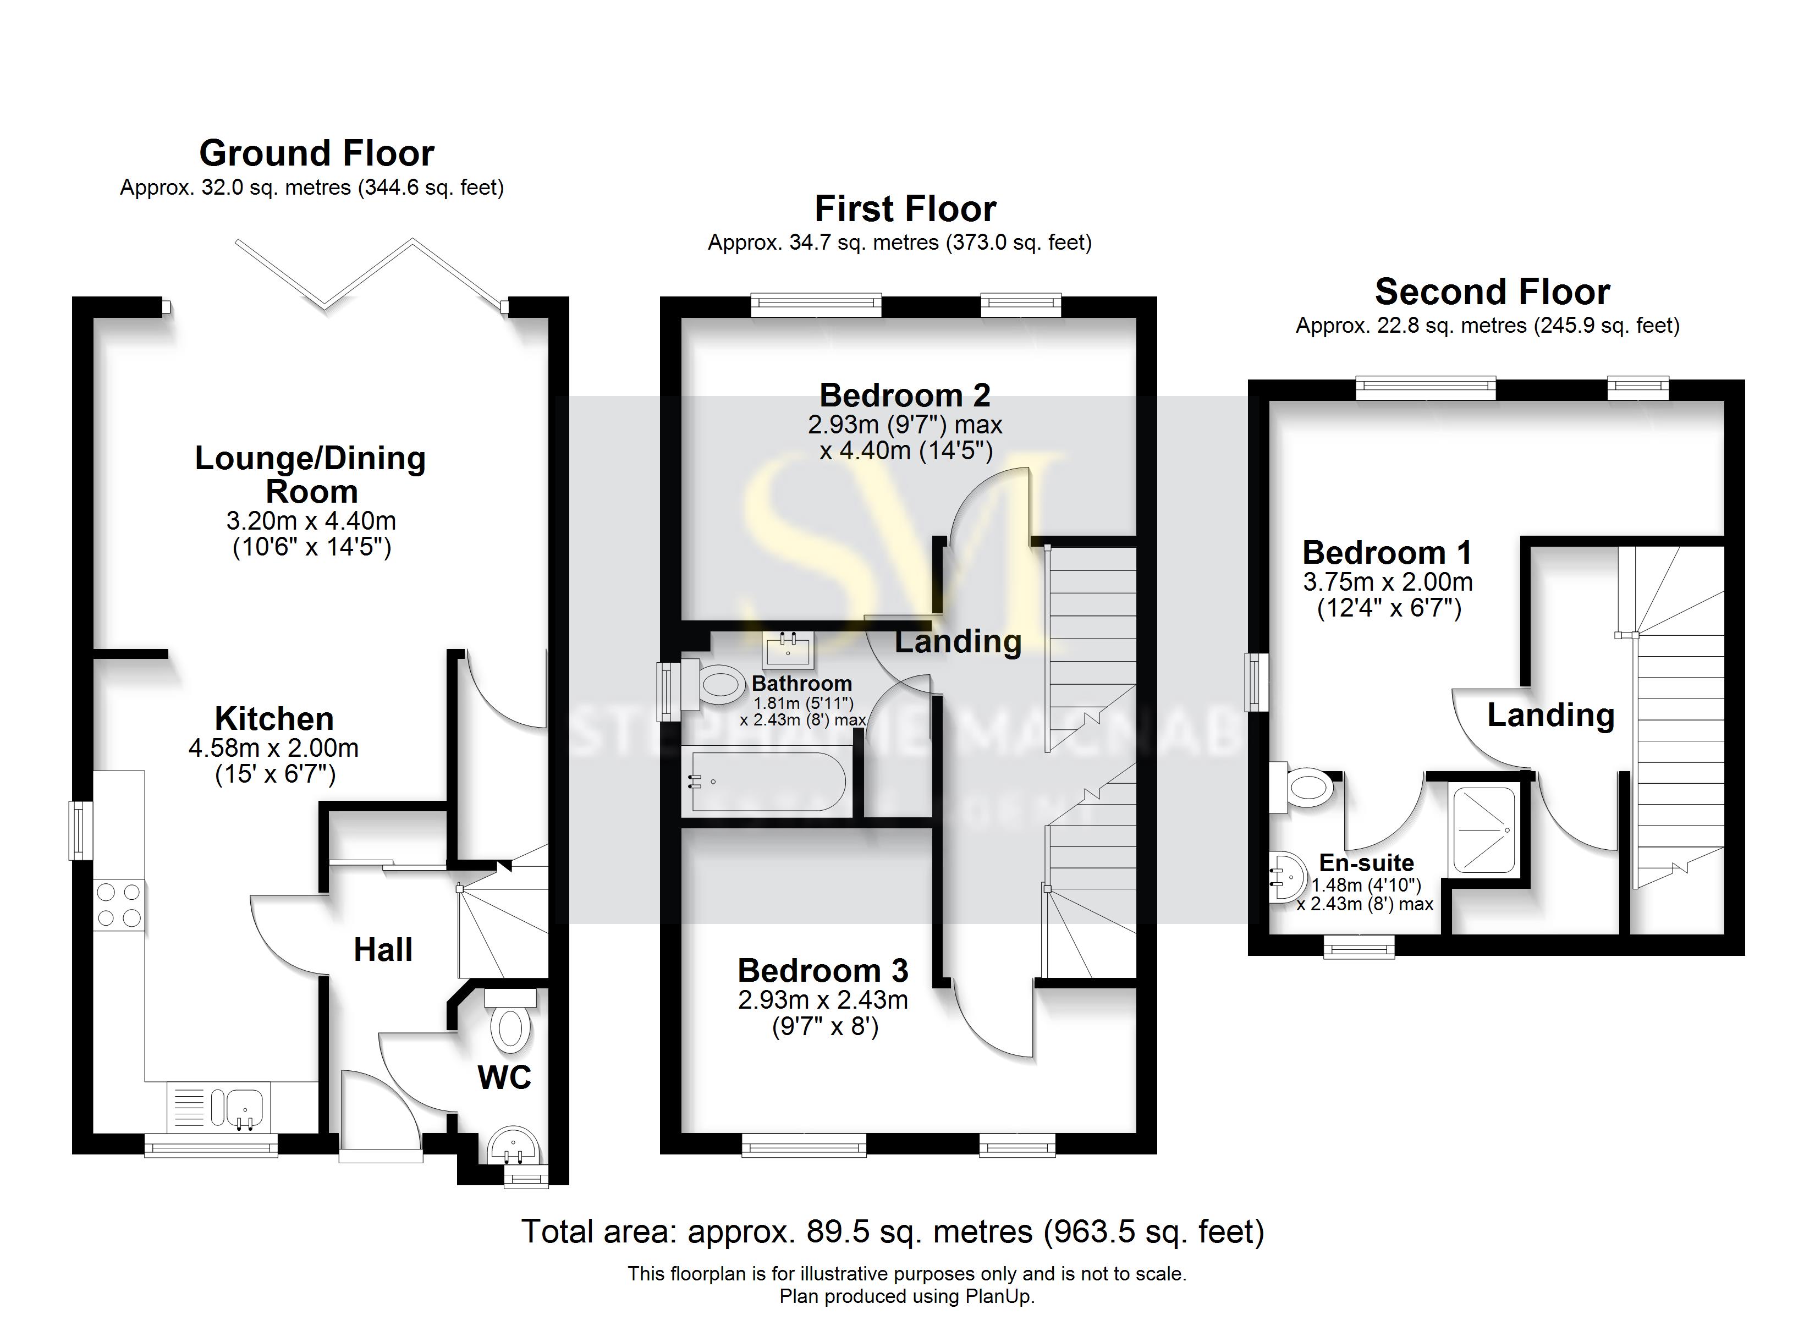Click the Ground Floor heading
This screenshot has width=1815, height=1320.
316,153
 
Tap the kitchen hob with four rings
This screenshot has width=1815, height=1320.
119,905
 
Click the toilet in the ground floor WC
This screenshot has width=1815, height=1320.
510,1028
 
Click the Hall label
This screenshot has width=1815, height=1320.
383,950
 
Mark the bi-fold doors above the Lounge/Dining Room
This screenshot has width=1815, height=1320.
370,274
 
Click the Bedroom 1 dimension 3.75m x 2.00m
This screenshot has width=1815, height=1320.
1388,581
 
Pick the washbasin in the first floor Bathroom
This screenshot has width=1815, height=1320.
788,649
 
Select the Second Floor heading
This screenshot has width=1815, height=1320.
1492,291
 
